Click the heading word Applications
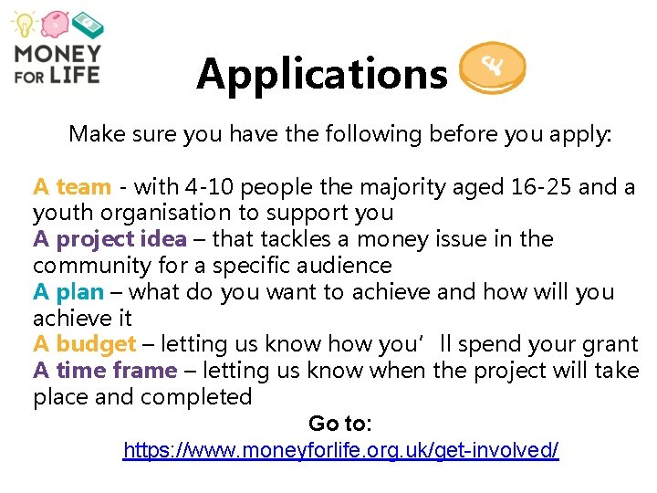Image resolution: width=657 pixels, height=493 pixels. (321, 74)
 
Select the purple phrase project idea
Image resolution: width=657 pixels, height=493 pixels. (121, 239)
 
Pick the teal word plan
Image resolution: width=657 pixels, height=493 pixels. (80, 292)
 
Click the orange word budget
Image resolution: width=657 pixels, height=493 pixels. (96, 344)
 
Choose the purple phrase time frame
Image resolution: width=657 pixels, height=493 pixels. (116, 371)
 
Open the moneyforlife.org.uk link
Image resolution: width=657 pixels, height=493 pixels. (340, 450)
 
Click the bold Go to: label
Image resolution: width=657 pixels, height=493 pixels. (339, 424)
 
